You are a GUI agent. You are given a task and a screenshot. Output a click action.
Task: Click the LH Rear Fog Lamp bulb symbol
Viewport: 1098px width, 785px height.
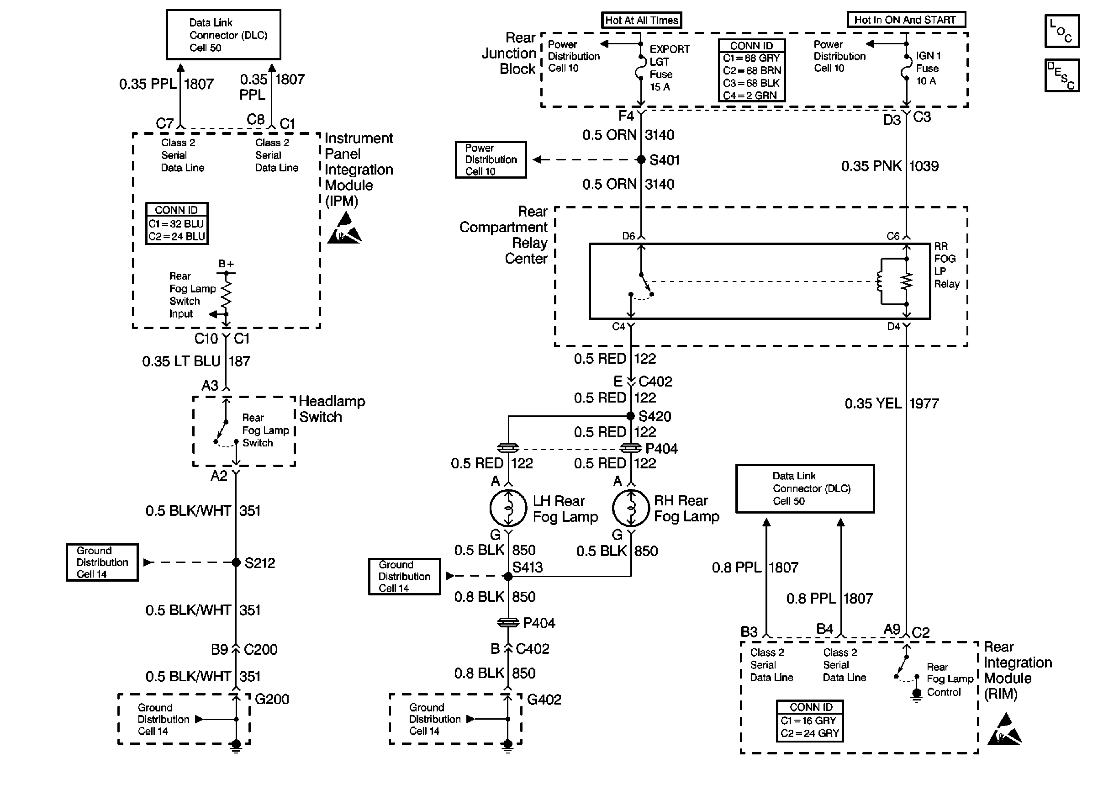[x=508, y=508]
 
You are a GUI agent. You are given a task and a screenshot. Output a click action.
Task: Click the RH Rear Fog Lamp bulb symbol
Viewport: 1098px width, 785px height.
[x=630, y=508]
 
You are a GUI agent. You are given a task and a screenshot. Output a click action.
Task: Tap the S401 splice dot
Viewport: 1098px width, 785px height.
[x=641, y=159]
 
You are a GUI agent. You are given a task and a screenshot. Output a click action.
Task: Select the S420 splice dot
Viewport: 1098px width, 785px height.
[x=630, y=416]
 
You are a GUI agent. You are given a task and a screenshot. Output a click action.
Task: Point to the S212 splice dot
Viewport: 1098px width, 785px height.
[x=236, y=562]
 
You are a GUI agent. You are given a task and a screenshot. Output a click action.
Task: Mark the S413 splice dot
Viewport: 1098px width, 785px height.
[x=508, y=576]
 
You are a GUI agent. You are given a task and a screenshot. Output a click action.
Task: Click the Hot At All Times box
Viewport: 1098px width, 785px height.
[x=641, y=20]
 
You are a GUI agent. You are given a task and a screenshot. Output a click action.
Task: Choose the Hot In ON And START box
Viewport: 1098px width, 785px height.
[x=906, y=20]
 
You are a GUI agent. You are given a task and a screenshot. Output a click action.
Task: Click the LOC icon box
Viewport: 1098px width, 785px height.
[x=1062, y=31]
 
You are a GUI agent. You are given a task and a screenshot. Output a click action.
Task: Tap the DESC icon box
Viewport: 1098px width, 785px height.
[x=1062, y=75]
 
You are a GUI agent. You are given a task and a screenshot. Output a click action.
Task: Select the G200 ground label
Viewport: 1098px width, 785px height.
[x=271, y=699]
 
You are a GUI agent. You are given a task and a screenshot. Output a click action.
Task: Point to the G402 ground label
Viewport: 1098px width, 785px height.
[x=544, y=700]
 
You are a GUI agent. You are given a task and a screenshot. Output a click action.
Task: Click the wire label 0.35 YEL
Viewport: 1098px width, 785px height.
[x=873, y=403]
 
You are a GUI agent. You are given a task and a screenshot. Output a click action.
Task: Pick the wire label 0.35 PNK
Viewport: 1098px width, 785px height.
[x=871, y=166]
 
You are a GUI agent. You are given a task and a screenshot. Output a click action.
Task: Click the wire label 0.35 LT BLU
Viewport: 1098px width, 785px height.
[x=181, y=361]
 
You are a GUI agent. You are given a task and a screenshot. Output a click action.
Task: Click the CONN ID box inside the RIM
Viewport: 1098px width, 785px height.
[x=810, y=721]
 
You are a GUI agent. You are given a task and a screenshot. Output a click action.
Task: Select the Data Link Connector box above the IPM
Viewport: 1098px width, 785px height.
[x=224, y=35]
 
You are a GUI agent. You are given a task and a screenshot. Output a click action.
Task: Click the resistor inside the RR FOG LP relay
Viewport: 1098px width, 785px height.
[x=907, y=281]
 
